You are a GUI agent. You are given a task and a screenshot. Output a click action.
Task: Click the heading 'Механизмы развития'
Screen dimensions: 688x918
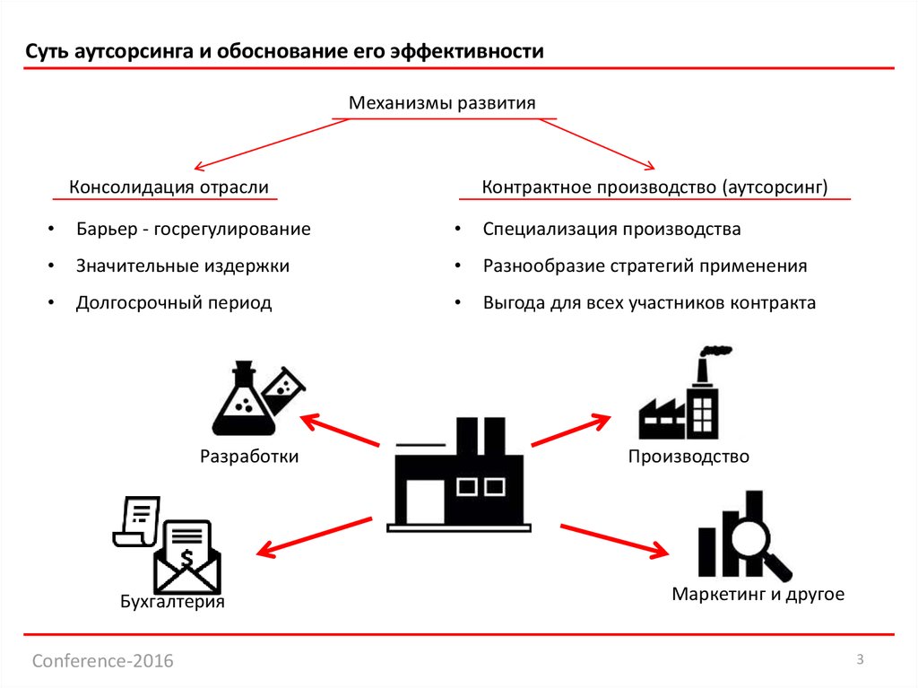pos(442,103)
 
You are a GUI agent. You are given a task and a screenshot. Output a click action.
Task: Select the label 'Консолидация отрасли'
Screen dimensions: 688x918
pos(169,187)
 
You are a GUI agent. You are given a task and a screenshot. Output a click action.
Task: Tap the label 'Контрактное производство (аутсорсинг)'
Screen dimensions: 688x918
pos(654,187)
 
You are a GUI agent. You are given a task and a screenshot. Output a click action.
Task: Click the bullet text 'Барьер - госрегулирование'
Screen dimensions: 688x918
pos(193,229)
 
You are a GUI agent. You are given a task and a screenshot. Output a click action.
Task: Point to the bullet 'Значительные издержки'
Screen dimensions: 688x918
pos(182,266)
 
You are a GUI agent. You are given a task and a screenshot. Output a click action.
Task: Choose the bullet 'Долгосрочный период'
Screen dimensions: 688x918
pos(173,303)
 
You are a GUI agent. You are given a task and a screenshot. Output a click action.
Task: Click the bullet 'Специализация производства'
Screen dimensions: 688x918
pos(611,229)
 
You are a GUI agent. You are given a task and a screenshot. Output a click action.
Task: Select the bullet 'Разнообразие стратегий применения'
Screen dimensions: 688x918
pos(645,266)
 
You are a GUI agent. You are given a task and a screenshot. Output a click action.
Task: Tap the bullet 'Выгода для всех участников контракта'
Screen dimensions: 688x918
pos(649,303)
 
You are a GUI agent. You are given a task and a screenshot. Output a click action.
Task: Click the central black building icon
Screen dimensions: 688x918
pos(458,475)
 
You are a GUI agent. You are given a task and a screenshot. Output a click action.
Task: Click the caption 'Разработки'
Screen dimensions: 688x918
pos(249,457)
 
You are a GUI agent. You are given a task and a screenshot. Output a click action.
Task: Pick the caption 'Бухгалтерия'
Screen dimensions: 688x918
pos(172,602)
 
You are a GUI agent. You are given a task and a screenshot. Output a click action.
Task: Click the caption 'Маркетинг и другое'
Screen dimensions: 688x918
pos(758,594)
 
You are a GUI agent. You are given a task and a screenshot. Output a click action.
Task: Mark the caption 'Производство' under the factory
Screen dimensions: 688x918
pos(688,457)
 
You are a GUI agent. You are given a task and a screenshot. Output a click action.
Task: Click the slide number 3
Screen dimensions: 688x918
pos(860,660)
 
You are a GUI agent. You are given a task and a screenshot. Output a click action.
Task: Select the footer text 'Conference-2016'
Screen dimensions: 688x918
pos(103,661)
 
